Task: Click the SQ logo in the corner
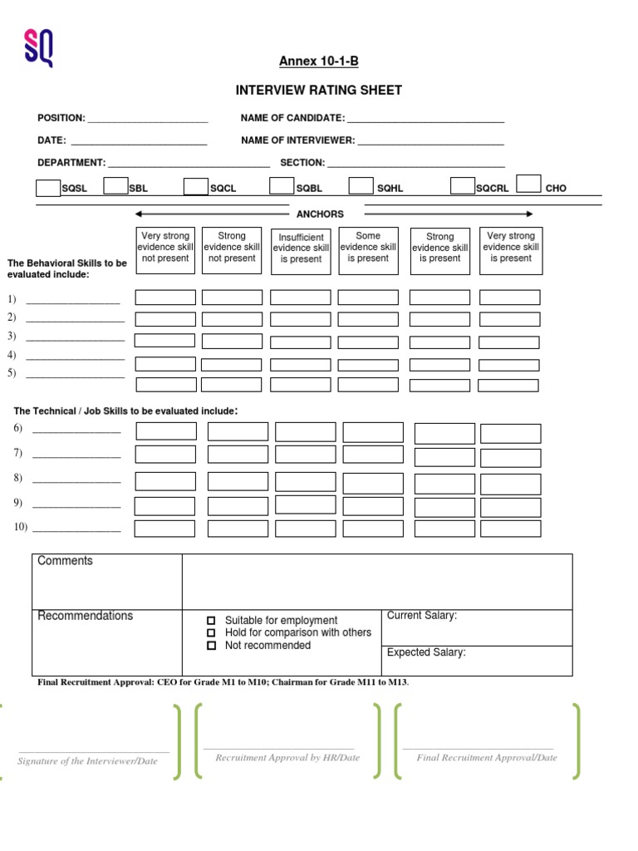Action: pos(38,47)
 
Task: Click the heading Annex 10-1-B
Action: pos(319,61)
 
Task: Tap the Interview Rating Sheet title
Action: pos(319,90)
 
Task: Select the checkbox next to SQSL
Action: pos(48,187)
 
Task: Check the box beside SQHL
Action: pos(361,185)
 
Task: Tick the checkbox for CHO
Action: pos(528,184)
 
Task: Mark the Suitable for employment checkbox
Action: pos(211,621)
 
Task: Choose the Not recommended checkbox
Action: pos(211,646)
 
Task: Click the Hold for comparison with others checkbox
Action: pos(211,633)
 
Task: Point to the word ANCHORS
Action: pos(320,214)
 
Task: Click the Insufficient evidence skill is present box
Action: pos(301,248)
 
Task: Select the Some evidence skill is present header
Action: pos(368,248)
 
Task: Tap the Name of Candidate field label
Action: pos(292,118)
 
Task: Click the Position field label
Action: pos(61,118)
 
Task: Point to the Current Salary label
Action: pos(422,616)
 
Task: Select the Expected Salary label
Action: pos(426,652)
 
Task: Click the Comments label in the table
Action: pos(66,561)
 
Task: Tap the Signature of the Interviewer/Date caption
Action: pos(87,761)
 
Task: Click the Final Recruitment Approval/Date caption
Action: pos(487,758)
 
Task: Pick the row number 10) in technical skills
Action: pos(21,527)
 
